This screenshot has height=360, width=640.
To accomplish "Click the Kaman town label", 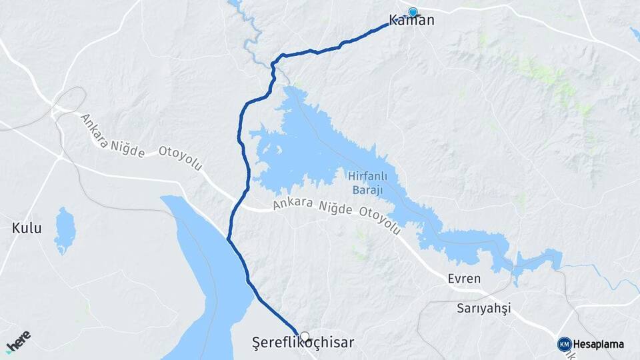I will (x=411, y=21).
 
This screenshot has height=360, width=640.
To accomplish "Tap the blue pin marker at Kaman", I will (x=413, y=12).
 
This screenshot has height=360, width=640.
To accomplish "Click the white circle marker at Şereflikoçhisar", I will (x=305, y=336).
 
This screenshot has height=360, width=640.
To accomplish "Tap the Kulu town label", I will (x=27, y=228).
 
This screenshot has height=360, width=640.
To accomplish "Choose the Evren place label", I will (x=464, y=279).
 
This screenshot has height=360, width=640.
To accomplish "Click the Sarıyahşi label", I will (x=483, y=308).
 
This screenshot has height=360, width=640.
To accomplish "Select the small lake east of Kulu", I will (x=65, y=231).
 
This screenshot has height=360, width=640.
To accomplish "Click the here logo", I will (x=18, y=341).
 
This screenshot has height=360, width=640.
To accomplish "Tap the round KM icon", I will (x=564, y=344).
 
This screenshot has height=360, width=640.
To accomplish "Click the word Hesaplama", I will (x=598, y=344).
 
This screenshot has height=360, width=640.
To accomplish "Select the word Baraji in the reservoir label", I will (x=366, y=191).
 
